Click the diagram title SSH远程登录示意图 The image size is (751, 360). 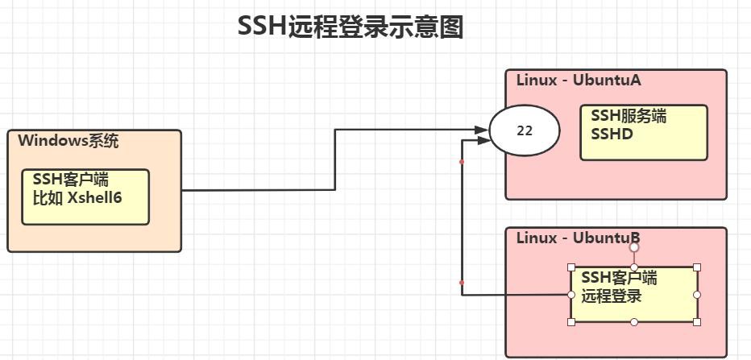(x=351, y=27)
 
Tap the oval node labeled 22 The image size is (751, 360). (x=525, y=130)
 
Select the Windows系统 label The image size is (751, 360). (x=68, y=141)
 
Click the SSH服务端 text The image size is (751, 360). (x=629, y=116)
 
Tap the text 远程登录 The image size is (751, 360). (x=612, y=296)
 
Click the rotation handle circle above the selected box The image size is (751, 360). (x=634, y=247)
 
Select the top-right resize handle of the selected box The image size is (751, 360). (x=697, y=267)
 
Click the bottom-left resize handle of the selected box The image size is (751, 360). (x=571, y=322)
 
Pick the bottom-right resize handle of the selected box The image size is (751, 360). (x=697, y=322)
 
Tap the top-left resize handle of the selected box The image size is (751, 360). (x=571, y=267)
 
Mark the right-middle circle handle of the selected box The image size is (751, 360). (x=697, y=295)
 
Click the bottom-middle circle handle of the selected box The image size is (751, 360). (x=634, y=322)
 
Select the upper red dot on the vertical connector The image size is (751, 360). (x=462, y=162)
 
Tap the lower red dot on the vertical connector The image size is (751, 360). (x=462, y=283)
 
